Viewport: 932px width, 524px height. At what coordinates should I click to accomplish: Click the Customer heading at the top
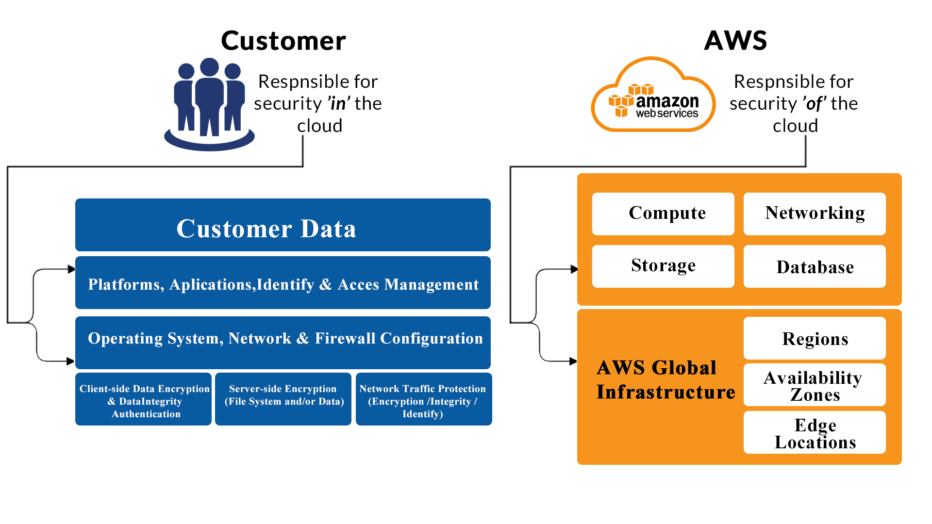point(283,41)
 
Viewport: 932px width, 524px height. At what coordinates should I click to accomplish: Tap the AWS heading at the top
point(735,40)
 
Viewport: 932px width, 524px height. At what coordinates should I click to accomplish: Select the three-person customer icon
point(210,104)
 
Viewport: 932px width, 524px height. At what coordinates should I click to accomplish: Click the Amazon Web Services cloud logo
point(653,96)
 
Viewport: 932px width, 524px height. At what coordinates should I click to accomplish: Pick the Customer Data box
point(283,225)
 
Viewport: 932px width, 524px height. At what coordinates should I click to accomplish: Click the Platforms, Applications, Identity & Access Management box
point(283,283)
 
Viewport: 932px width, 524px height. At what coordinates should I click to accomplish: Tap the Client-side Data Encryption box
point(144,399)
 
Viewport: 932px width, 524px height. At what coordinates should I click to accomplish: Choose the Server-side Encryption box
point(283,399)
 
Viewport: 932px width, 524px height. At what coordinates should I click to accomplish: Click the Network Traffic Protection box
point(423,399)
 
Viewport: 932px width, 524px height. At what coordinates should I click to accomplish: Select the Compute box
point(663,214)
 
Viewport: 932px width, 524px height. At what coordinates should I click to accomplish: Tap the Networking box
point(815,214)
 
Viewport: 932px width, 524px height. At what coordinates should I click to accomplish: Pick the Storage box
point(663,266)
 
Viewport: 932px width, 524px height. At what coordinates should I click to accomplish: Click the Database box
point(815,266)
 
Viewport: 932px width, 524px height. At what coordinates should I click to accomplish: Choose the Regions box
point(815,338)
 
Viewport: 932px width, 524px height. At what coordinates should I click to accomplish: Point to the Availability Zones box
point(815,385)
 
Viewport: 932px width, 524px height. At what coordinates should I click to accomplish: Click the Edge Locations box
point(815,433)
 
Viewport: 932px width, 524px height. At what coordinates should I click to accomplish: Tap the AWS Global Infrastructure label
point(665,380)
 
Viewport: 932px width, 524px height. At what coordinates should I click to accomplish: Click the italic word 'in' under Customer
point(339,104)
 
